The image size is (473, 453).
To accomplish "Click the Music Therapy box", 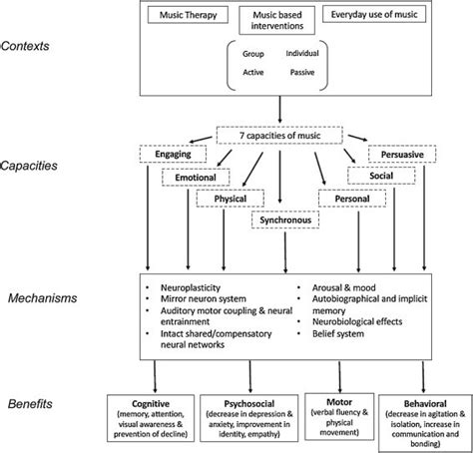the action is [x=188, y=15].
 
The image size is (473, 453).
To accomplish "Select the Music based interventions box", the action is [x=277, y=20].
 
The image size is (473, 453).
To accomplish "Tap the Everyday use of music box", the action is [x=374, y=15].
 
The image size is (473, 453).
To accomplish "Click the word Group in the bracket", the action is [x=253, y=54].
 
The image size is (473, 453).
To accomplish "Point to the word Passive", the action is [x=302, y=72].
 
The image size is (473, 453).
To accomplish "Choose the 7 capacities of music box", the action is [x=279, y=136].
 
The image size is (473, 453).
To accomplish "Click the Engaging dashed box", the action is [x=173, y=154].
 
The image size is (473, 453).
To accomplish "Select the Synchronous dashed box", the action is [x=285, y=220].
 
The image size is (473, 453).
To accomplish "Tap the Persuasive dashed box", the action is [x=402, y=155].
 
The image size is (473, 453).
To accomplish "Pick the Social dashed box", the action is [x=381, y=176].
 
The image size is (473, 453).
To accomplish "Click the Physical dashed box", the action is [x=231, y=199].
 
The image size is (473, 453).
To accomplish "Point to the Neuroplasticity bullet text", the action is [x=191, y=287].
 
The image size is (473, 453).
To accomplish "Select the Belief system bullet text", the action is [x=338, y=333].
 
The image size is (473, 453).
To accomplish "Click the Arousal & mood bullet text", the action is [x=344, y=287].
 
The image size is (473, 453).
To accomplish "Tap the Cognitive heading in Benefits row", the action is [x=151, y=404].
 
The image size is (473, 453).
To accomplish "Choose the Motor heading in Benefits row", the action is [x=339, y=402].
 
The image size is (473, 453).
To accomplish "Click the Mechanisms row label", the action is [x=43, y=298].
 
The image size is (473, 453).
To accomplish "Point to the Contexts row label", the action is [x=25, y=46].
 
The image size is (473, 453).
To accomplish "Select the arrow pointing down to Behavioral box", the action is [x=423, y=377].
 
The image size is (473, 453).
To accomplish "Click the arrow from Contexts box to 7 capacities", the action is [x=279, y=110].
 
